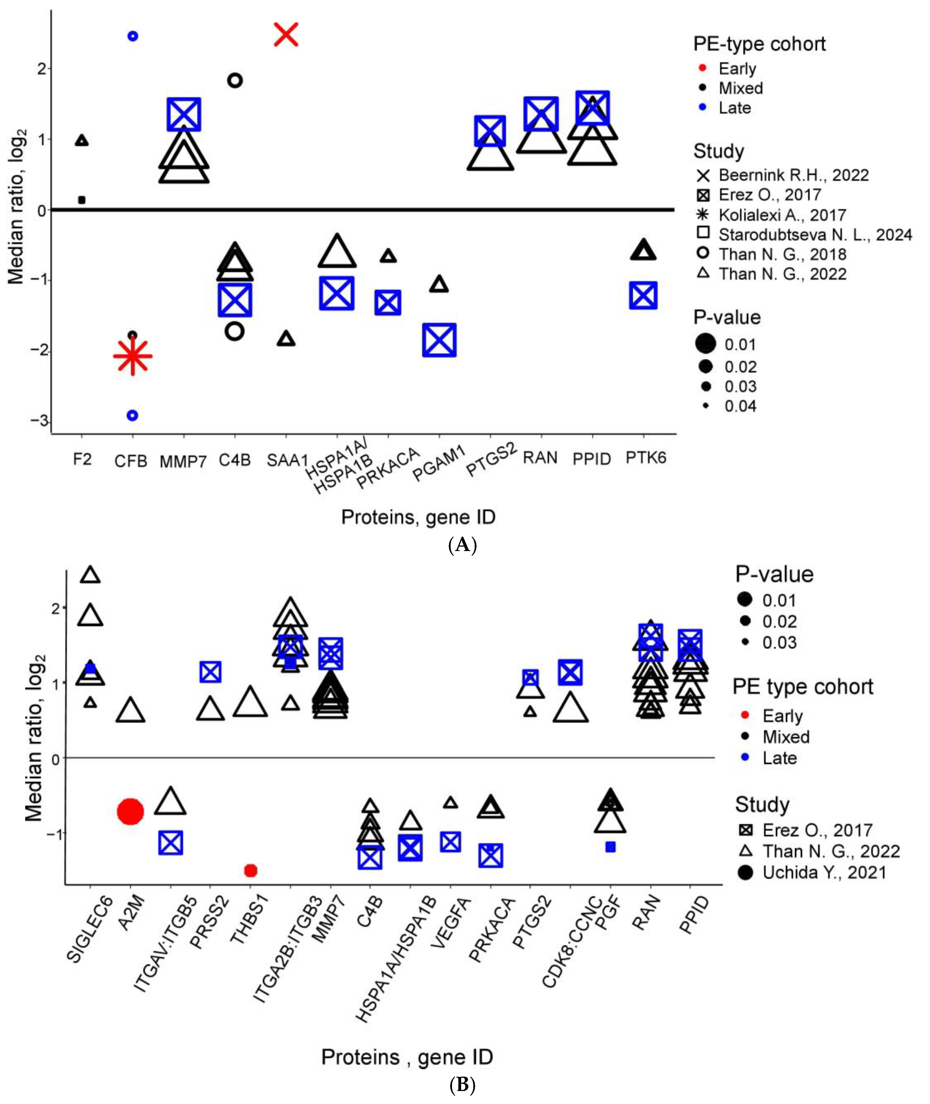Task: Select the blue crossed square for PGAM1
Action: [x=439, y=340]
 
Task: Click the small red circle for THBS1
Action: [x=251, y=870]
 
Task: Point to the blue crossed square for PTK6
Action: [x=643, y=295]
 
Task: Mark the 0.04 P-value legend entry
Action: [x=740, y=406]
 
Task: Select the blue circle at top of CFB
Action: [x=133, y=36]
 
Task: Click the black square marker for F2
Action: [x=82, y=200]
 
